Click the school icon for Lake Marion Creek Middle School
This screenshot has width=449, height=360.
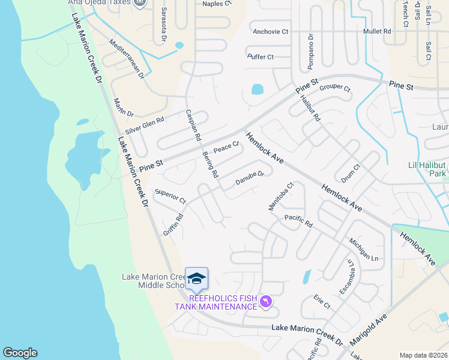[196, 278]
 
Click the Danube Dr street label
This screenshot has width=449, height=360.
[249, 179]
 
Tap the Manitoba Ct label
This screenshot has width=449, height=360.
[280, 197]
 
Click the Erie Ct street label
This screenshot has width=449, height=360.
[322, 301]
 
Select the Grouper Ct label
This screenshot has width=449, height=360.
[334, 88]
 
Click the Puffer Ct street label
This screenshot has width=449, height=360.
[261, 57]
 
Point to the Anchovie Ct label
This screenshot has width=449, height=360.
[271, 31]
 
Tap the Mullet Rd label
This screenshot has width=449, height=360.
[377, 31]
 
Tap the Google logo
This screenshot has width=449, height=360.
[20, 353]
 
